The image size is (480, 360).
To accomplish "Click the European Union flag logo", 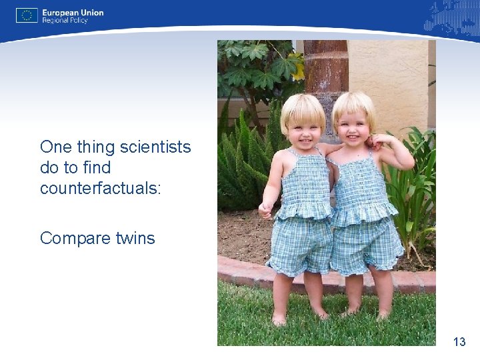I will (x=27, y=15).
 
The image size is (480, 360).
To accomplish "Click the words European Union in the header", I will (x=73, y=12).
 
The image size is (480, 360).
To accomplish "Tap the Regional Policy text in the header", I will (x=65, y=21).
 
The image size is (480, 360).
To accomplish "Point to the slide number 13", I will (x=459, y=342).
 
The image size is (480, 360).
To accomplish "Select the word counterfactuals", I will (x=100, y=188).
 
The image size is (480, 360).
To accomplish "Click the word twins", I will (x=133, y=238).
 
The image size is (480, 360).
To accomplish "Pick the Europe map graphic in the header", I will (x=450, y=17).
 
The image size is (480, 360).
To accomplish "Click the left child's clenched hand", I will (x=265, y=211).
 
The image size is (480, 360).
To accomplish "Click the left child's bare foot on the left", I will (x=279, y=319).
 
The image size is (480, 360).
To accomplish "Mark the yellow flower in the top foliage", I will (x=298, y=70).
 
